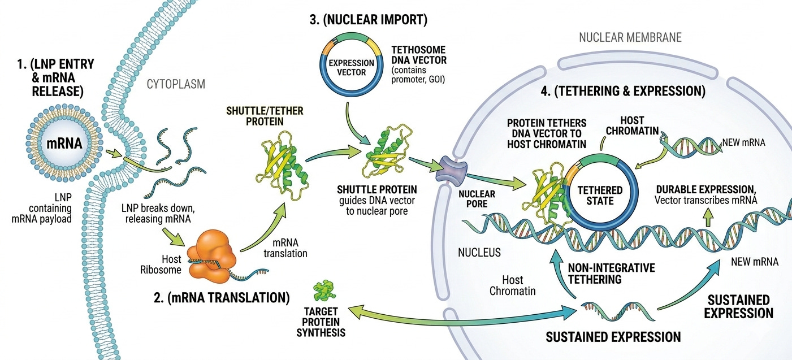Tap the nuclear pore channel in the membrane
452,171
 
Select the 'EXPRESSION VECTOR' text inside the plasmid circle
351,68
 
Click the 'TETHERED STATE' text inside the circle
600,196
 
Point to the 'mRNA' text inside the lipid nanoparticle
64,143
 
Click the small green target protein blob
324,290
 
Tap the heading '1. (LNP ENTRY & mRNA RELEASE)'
56,77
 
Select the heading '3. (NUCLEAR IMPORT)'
369,19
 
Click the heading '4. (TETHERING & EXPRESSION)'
623,91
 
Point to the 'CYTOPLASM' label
176,84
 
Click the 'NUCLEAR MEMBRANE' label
630,37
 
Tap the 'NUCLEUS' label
479,252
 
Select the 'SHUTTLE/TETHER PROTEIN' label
265,116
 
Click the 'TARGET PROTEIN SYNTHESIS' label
321,322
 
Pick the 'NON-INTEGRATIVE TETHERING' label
611,274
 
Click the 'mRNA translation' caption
285,248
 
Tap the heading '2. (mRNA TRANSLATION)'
222,298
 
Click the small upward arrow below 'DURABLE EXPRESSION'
708,217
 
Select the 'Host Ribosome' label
161,264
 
